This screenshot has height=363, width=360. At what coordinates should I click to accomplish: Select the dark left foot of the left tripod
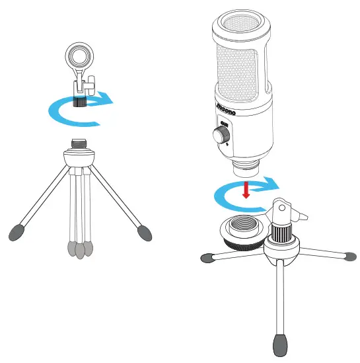[x=20, y=231]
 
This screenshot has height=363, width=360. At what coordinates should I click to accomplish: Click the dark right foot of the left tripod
[x=145, y=231]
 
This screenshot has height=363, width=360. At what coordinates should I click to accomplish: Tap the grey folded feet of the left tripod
[x=80, y=249]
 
